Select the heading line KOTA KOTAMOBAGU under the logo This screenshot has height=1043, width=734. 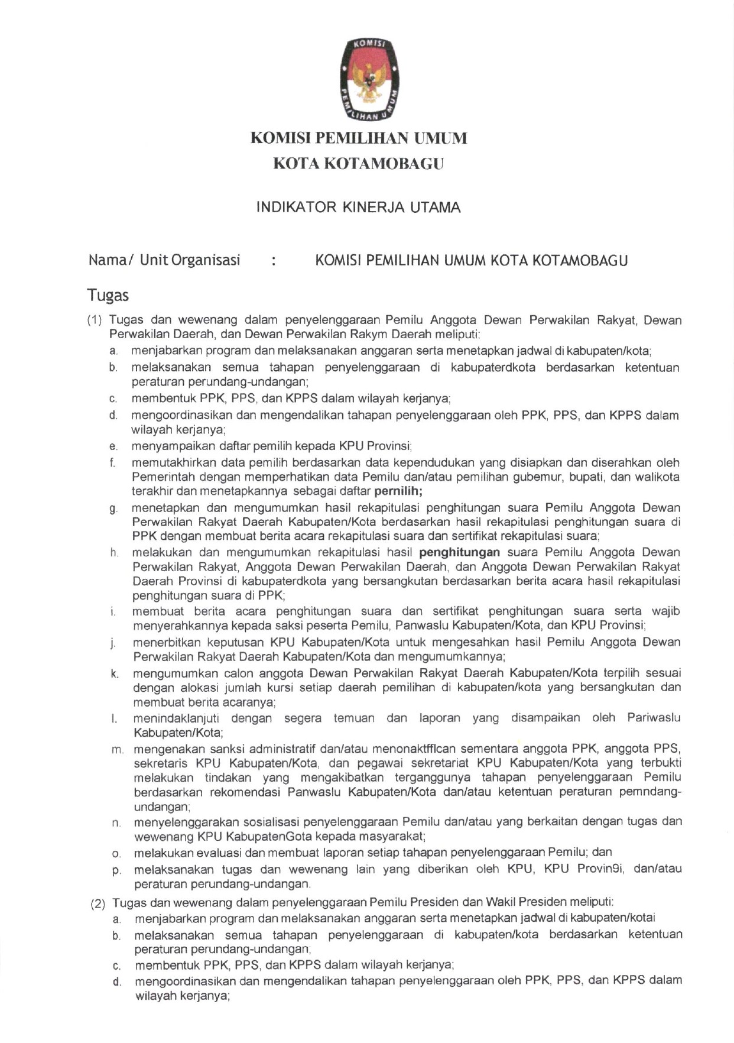(358, 164)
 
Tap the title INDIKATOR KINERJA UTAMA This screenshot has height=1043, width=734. (358, 208)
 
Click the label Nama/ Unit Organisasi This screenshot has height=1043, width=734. (164, 260)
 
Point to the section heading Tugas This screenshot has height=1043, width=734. (108, 295)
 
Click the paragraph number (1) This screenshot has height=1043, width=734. (95, 320)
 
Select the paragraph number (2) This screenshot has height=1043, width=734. (98, 903)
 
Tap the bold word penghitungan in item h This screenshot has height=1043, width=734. (459, 552)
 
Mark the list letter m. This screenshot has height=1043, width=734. (117, 750)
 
